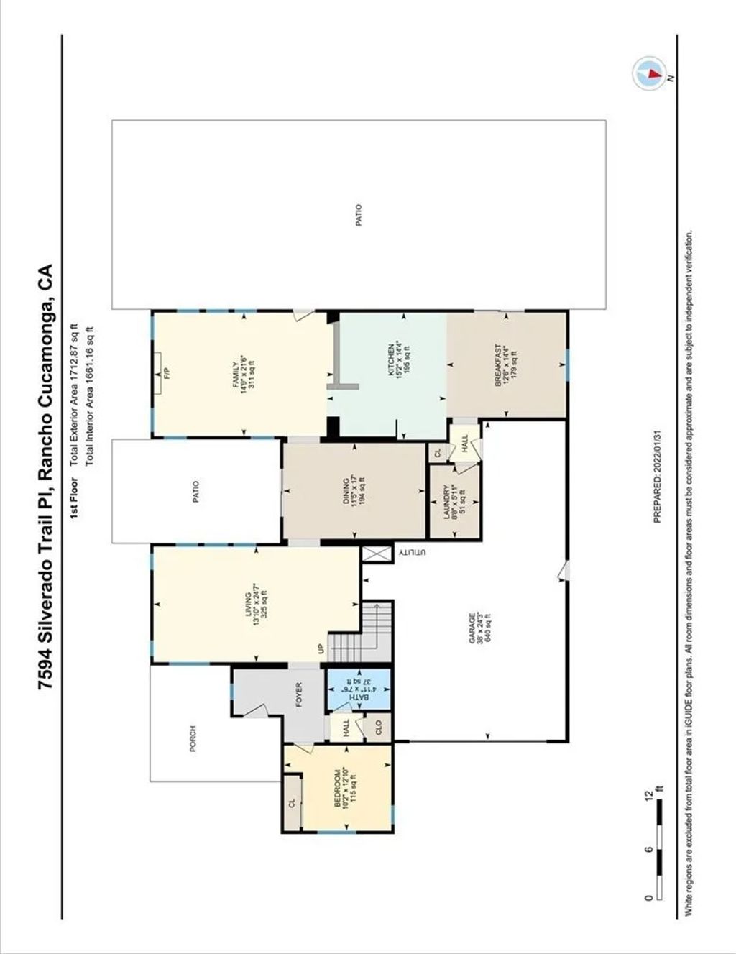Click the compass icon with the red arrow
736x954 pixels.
tap(649, 73)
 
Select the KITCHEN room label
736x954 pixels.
tap(392, 357)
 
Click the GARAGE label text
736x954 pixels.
tap(472, 628)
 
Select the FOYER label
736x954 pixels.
tap(298, 695)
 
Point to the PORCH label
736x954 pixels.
tap(193, 738)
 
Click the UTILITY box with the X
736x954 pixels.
tap(376, 554)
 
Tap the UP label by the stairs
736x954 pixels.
tap(321, 648)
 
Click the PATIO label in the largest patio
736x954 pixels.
tap(359, 216)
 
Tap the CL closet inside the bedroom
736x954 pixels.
tap(292, 803)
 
